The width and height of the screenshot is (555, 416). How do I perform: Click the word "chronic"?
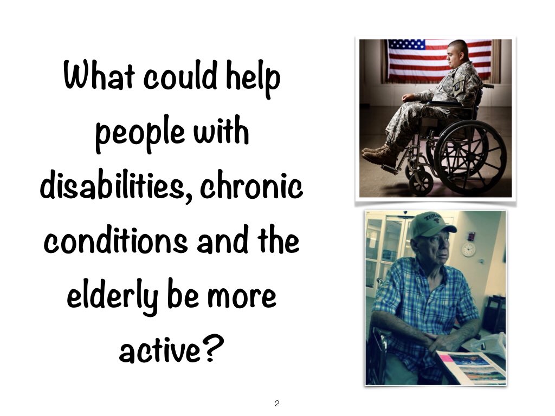point(251,187)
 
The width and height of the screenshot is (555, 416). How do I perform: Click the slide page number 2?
point(277,403)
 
